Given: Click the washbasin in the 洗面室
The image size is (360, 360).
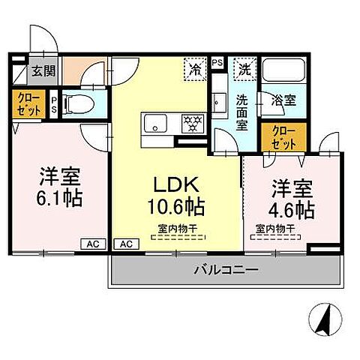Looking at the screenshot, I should pos(218,102).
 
